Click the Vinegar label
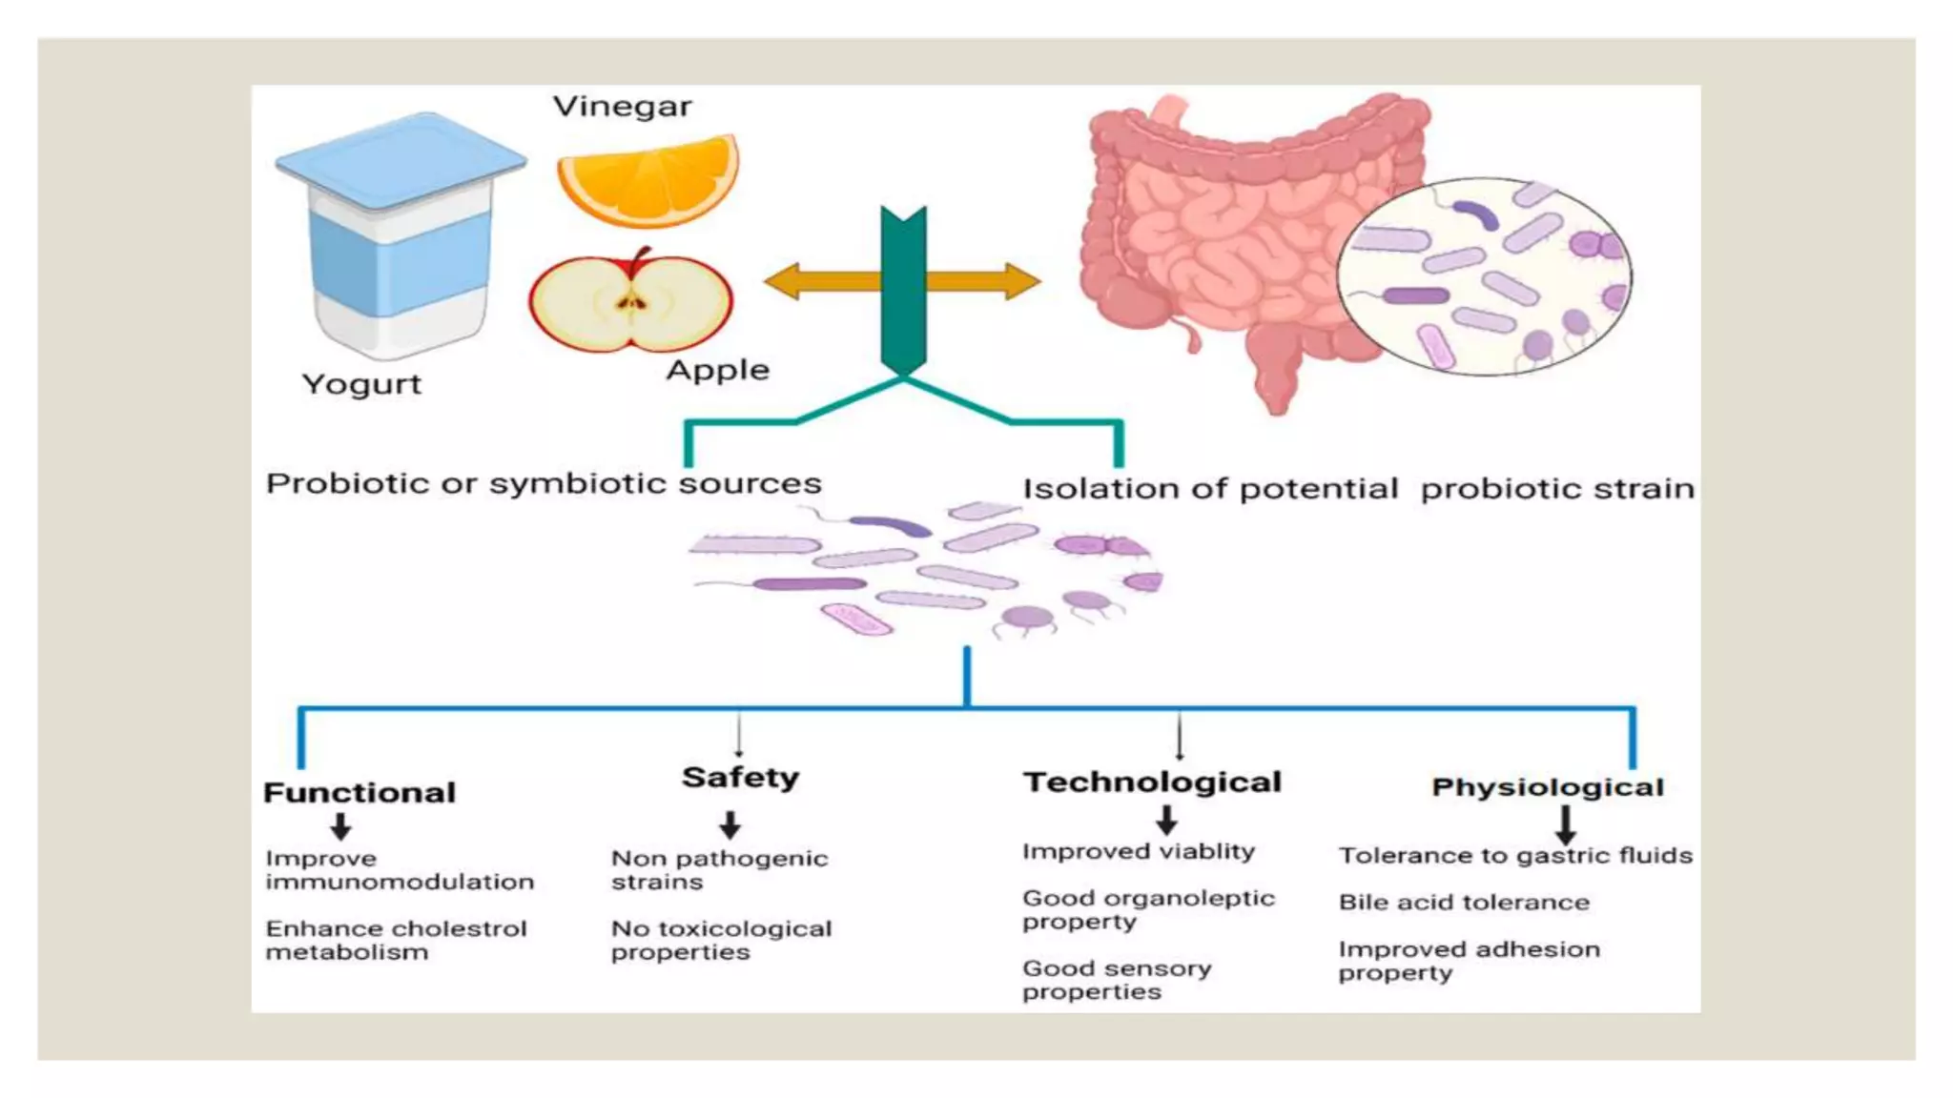click(622, 107)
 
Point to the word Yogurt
click(361, 384)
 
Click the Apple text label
click(717, 370)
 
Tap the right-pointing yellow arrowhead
click(1022, 281)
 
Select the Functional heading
click(360, 793)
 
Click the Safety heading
click(740, 778)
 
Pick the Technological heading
click(1152, 783)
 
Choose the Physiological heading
click(1547, 787)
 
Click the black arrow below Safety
click(730, 823)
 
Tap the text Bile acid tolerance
click(1463, 903)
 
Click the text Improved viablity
click(1138, 851)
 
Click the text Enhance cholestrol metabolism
click(395, 940)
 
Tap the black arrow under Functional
click(340, 825)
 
